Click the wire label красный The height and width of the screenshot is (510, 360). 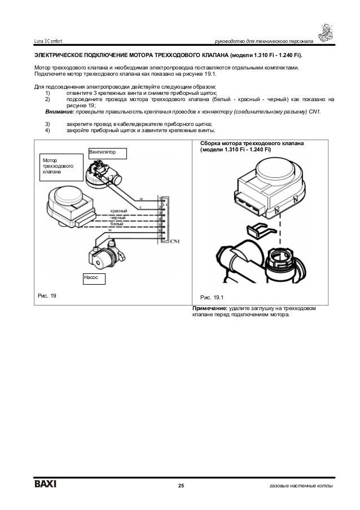(118, 211)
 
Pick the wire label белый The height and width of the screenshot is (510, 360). (117, 224)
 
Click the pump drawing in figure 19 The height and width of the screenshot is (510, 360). (107, 252)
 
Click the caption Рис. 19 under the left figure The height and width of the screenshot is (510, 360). (47, 295)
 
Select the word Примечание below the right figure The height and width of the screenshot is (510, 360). (210, 308)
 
